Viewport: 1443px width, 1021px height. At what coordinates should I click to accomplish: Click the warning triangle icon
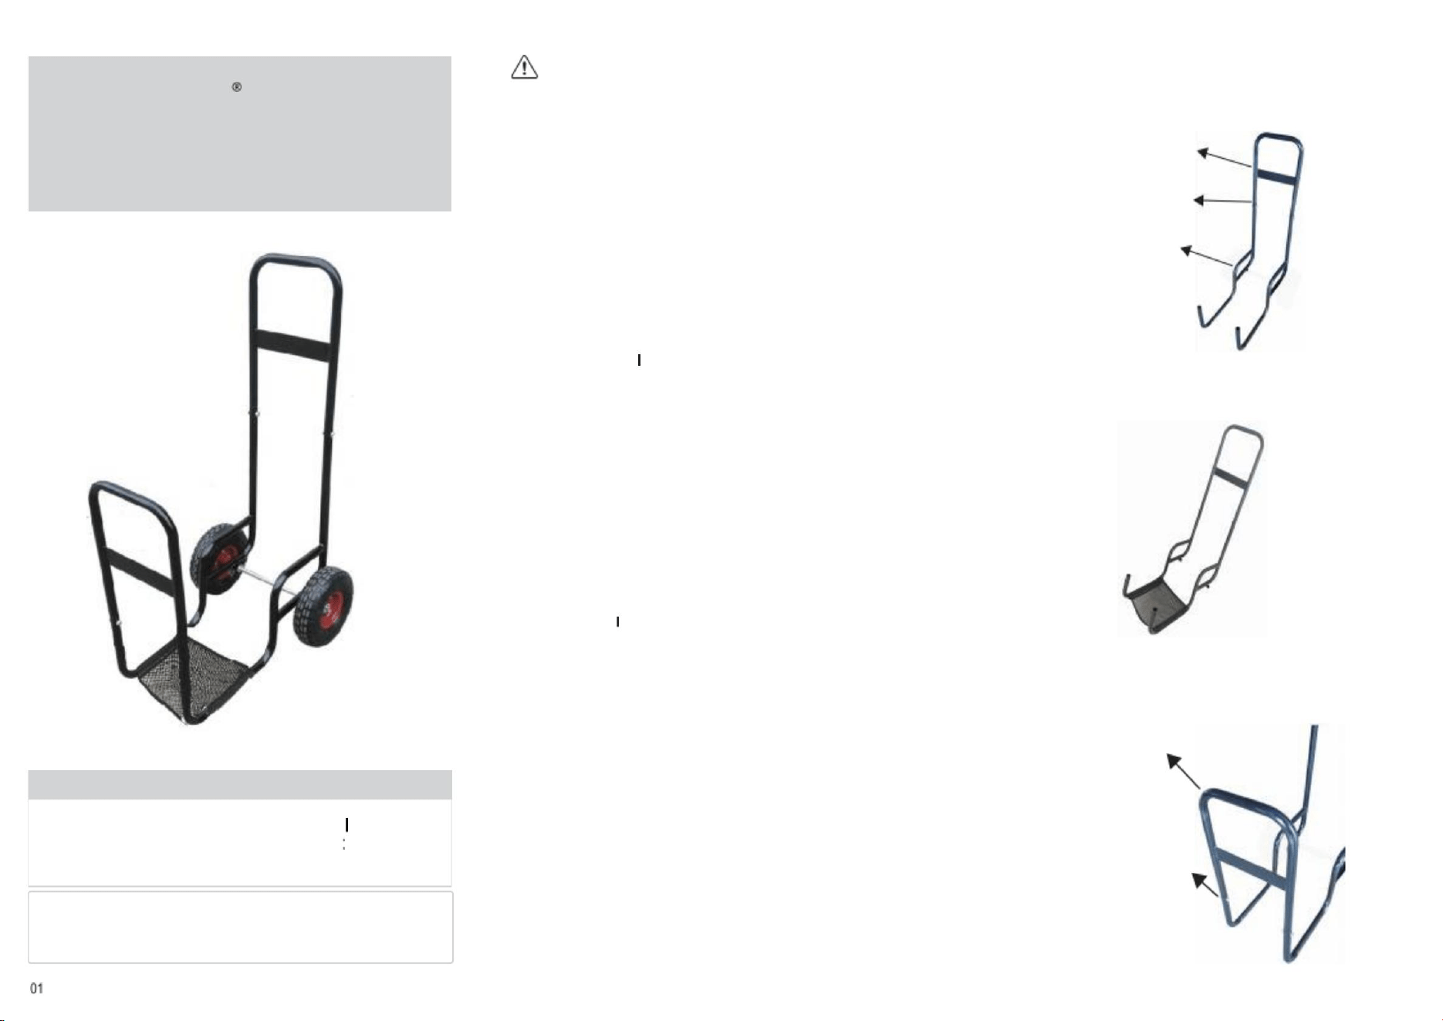click(x=525, y=67)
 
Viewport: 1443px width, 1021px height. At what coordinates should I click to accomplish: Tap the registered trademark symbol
click(x=237, y=87)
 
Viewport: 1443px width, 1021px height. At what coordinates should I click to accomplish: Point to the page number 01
click(x=36, y=989)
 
